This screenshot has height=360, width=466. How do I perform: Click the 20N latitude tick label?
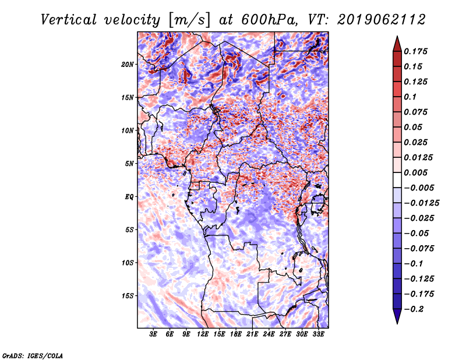(128, 64)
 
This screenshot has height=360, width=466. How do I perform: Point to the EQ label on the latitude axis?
(129, 197)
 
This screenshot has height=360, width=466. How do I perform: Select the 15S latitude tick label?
(128, 296)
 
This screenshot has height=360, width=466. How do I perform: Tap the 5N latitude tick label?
(129, 164)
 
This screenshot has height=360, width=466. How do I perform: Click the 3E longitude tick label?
(154, 334)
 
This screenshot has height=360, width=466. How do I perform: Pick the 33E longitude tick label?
(319, 334)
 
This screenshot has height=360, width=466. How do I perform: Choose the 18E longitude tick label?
(236, 334)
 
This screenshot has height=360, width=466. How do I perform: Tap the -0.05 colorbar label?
(417, 233)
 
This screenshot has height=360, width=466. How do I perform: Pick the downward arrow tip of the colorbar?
(397, 322)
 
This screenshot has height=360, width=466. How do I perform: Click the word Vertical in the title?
(69, 19)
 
